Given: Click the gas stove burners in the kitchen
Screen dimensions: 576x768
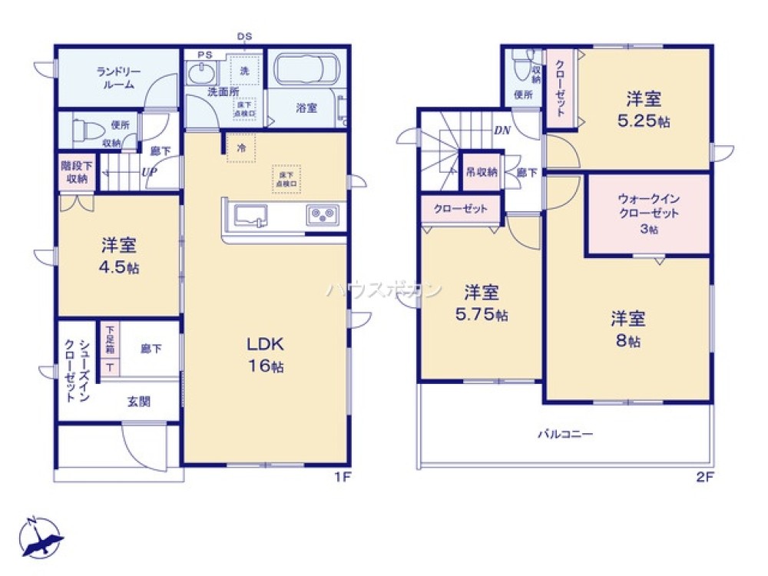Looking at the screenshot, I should point(321,214).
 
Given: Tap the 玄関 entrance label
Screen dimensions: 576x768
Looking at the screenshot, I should point(139,401).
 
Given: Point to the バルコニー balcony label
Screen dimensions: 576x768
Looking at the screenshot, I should point(564,434).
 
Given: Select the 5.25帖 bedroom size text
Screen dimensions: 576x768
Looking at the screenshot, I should point(644,121).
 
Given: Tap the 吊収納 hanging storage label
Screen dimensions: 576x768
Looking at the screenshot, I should point(481,172).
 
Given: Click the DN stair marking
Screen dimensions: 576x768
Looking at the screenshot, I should point(502,131).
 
